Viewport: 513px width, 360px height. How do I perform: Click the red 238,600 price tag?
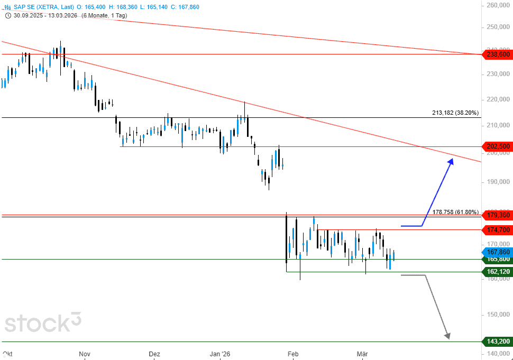497,54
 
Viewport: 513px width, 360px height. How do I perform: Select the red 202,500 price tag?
497,146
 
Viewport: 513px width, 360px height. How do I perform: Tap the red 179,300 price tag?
497,215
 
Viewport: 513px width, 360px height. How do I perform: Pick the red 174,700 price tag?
497,229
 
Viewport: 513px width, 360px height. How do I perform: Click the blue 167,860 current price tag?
497,252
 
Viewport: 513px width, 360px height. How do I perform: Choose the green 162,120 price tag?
497,272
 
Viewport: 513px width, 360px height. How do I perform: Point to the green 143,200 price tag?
497,341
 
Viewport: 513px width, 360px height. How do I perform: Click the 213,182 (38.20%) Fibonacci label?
455,113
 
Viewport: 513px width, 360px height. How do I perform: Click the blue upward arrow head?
451,161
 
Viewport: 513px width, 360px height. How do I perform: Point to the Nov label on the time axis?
85,354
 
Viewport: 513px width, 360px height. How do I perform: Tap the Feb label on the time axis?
294,354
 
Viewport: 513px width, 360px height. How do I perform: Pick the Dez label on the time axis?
154,354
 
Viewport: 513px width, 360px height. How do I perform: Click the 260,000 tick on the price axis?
498,6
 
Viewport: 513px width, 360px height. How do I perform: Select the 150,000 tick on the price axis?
498,315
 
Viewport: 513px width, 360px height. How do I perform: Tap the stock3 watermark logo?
43,323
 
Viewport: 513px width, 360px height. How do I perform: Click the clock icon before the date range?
8,15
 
